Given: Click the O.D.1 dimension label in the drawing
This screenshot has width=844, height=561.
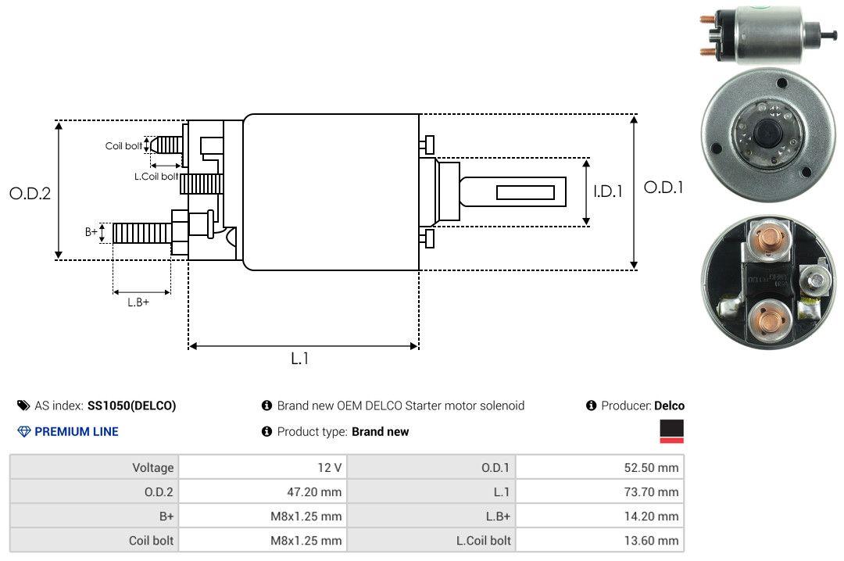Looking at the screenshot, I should pyautogui.click(x=663, y=188).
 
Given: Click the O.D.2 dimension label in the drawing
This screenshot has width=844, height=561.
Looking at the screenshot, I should pyautogui.click(x=30, y=194).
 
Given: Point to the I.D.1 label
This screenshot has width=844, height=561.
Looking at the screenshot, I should pyautogui.click(x=607, y=191).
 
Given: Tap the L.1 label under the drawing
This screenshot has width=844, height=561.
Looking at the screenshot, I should pyautogui.click(x=301, y=359).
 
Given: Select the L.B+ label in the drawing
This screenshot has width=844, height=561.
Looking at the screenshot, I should pyautogui.click(x=138, y=302).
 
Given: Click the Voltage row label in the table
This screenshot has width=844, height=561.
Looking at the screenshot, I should pyautogui.click(x=152, y=468).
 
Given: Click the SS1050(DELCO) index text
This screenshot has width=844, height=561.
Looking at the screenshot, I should pyautogui.click(x=131, y=406).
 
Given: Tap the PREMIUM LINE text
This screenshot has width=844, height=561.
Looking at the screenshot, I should pyautogui.click(x=77, y=431).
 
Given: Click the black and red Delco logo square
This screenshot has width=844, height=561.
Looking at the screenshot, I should pyautogui.click(x=671, y=431).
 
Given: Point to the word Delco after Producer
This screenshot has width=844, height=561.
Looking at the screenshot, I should pyautogui.click(x=669, y=406).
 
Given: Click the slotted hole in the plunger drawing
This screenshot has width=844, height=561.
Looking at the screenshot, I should pyautogui.click(x=525, y=193).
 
